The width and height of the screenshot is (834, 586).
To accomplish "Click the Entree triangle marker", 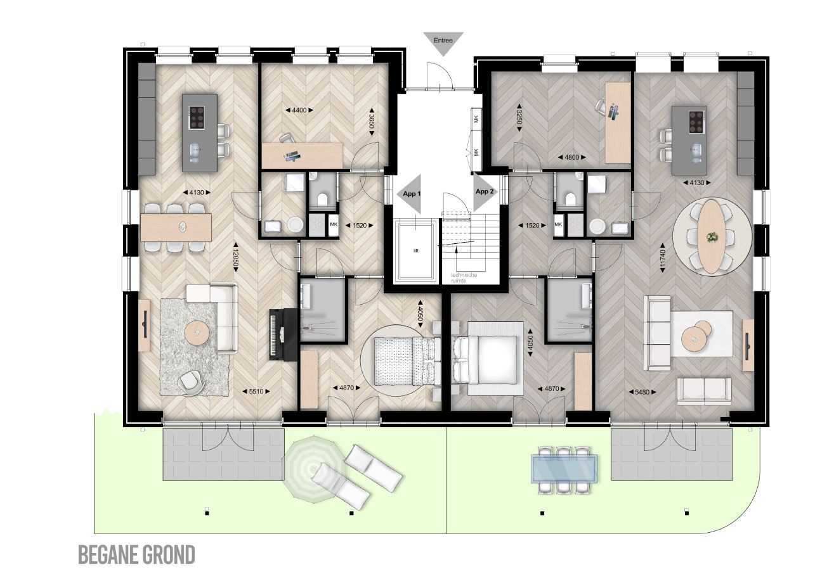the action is (x=443, y=42).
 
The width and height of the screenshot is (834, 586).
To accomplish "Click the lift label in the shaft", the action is (x=416, y=251).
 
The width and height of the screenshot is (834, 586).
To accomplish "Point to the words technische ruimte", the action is (x=464, y=277).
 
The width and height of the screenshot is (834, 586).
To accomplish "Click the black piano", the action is (x=283, y=334).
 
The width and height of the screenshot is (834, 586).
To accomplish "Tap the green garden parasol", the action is (x=313, y=469).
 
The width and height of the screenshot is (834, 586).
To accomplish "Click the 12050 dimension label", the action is (x=235, y=257).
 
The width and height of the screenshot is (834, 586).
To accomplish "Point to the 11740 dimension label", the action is (x=662, y=258).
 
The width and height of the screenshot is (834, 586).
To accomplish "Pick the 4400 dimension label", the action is (x=299, y=110).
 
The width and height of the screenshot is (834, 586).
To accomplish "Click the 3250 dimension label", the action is (x=519, y=117).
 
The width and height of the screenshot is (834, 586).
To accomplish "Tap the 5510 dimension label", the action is (x=256, y=391).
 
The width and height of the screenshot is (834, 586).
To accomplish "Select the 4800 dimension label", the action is (x=572, y=157).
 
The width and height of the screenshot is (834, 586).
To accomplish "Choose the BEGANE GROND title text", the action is (x=136, y=555).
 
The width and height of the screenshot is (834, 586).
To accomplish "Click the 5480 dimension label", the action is (x=642, y=392).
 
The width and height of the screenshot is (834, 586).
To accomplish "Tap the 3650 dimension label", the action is (x=371, y=122).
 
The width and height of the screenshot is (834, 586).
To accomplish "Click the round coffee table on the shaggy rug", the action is (x=197, y=332).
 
